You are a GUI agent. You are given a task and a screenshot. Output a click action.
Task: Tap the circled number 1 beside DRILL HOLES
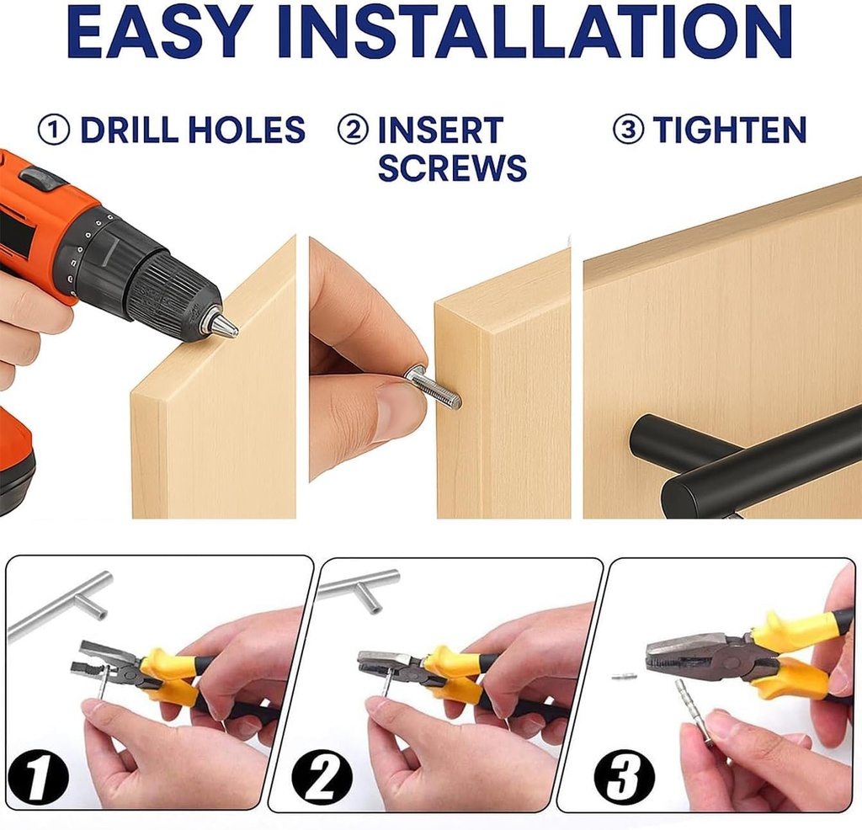click(54, 130)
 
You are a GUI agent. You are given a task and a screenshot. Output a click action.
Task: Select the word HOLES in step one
click(247, 130)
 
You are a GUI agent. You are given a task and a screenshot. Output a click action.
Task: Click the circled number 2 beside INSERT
click(353, 130)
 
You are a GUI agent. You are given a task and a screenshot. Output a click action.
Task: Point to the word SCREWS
click(452, 168)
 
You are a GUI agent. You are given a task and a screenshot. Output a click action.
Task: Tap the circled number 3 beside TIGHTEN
click(628, 130)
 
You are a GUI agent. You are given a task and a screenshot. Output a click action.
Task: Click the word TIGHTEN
click(730, 130)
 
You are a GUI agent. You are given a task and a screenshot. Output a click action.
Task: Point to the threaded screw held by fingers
click(434, 386)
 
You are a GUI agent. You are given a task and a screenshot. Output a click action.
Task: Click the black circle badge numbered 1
click(38, 777)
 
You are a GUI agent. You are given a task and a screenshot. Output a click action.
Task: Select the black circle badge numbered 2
click(322, 779)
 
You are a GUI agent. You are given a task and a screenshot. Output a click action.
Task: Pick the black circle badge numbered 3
click(624, 777)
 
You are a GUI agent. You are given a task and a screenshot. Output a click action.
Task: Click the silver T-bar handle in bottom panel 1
click(61, 604)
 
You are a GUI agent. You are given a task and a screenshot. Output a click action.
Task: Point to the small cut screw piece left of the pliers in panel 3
click(625, 676)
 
